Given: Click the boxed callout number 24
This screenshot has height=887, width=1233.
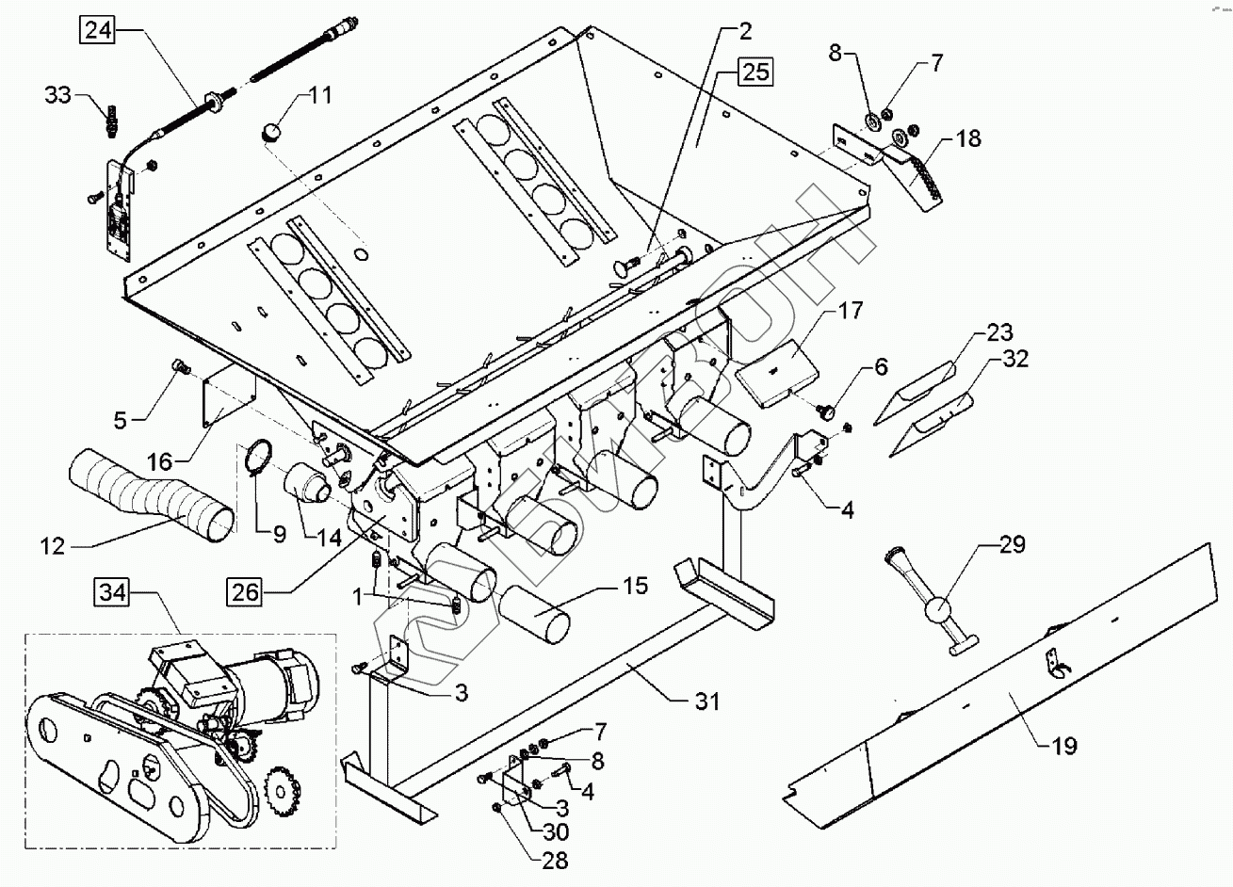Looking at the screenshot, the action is pyautogui.click(x=99, y=29).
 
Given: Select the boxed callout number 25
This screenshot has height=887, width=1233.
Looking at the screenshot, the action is pyautogui.click(x=754, y=72).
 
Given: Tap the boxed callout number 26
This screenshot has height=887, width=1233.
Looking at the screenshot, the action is pyautogui.click(x=245, y=592).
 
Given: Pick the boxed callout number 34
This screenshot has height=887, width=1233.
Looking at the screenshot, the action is pyautogui.click(x=112, y=592).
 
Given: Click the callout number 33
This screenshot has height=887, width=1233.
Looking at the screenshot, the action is pyautogui.click(x=58, y=95).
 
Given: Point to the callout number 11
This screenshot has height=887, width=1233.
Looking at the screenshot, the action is pyautogui.click(x=320, y=95).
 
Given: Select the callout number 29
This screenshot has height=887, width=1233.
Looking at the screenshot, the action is pyautogui.click(x=1011, y=545).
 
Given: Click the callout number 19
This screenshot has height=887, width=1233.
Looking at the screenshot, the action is pyautogui.click(x=1063, y=746).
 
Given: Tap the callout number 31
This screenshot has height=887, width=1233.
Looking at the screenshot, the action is pyautogui.click(x=706, y=702).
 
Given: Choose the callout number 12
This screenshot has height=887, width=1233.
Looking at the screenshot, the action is pyautogui.click(x=53, y=546).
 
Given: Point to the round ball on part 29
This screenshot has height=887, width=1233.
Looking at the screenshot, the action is pyautogui.click(x=941, y=610).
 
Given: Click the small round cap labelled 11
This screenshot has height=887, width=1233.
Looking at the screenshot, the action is pyautogui.click(x=269, y=133).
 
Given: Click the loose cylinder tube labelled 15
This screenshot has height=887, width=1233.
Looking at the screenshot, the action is pyautogui.click(x=535, y=615).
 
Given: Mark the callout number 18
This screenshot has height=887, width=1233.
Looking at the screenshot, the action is pyautogui.click(x=968, y=138).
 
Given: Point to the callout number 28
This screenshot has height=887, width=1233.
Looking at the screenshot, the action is pyautogui.click(x=554, y=861).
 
